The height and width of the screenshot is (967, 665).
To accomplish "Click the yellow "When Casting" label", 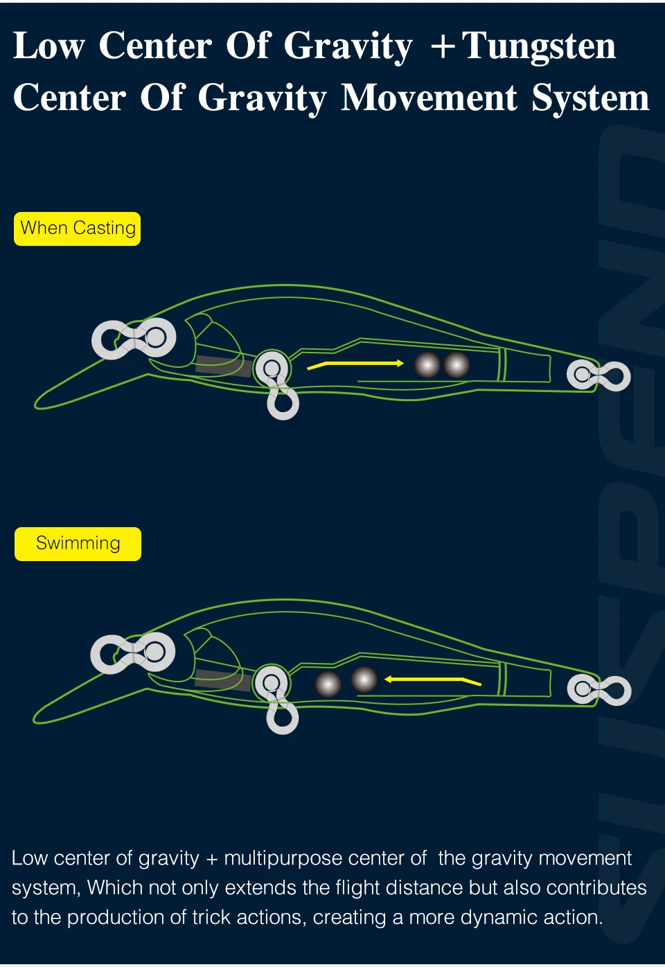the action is point(78,229).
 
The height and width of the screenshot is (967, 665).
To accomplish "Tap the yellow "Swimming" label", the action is point(78,544).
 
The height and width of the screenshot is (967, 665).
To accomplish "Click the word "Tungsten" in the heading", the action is point(539,46).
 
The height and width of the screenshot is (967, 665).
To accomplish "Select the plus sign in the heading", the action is point(443,47).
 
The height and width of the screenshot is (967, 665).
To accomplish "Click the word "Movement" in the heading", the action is point(429,97).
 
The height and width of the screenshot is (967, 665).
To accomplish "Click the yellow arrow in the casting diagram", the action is point(355,365).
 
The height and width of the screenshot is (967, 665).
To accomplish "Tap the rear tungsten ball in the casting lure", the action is point(456,365).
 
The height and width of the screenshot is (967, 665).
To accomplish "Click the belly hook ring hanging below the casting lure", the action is point(283,403).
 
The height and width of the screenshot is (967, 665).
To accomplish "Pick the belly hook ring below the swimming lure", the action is point(283,718).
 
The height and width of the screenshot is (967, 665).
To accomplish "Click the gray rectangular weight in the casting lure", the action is point(223,366).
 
